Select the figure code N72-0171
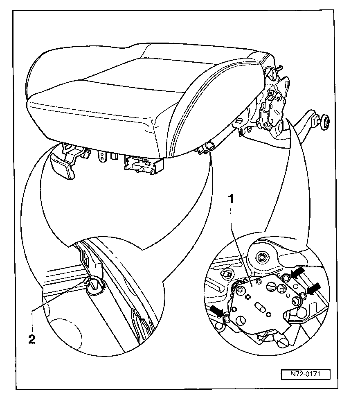[305, 374]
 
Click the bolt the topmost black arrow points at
[286, 279]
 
